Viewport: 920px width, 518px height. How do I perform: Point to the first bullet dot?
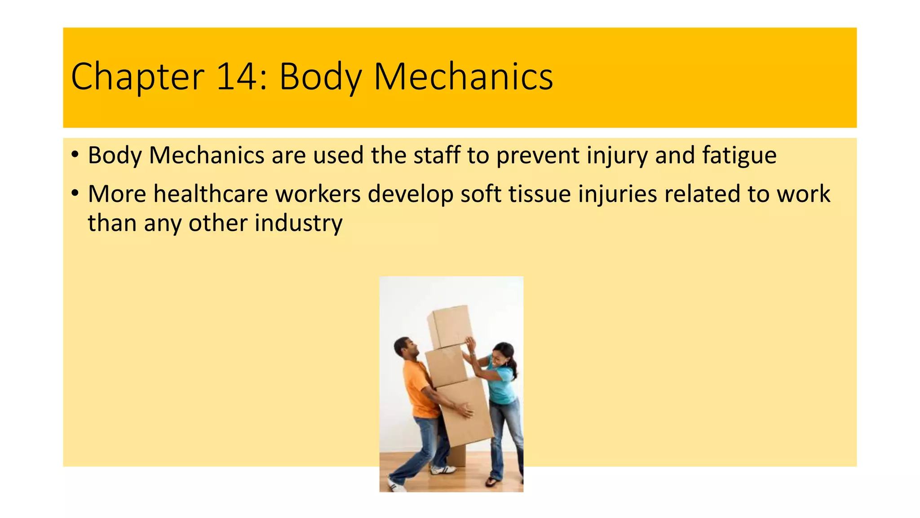pos(75,155)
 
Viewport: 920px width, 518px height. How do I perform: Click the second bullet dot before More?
pos(75,193)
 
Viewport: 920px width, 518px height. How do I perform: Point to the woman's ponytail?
pos(514,366)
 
